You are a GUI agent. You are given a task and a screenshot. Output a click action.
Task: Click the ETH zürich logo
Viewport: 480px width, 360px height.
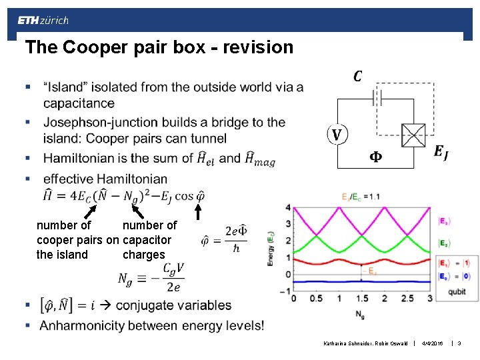tap(43, 21)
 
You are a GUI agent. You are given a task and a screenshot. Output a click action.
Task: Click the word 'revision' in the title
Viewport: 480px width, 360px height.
tap(261, 47)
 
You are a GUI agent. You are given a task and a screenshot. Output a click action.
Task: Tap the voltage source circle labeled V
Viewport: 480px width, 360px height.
tap(337, 135)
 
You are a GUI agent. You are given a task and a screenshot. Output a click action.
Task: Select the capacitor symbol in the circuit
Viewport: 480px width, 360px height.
tap(377, 98)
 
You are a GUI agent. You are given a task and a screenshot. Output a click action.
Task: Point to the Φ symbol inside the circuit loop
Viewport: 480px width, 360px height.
tap(376, 157)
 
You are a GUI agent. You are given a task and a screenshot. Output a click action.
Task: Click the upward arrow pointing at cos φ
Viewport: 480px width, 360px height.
tap(197, 211)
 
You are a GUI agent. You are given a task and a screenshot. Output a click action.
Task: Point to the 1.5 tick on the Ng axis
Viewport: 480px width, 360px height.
tap(362, 298)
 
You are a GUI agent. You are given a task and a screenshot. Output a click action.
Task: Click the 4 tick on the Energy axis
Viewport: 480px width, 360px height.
tap(287, 207)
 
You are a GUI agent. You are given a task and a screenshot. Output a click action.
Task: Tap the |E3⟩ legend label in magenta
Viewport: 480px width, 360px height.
tap(443, 221)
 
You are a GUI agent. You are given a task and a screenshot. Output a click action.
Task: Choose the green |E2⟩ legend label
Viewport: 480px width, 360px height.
tap(443, 243)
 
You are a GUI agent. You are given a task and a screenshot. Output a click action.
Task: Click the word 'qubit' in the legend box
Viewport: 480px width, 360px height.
tap(457, 291)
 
